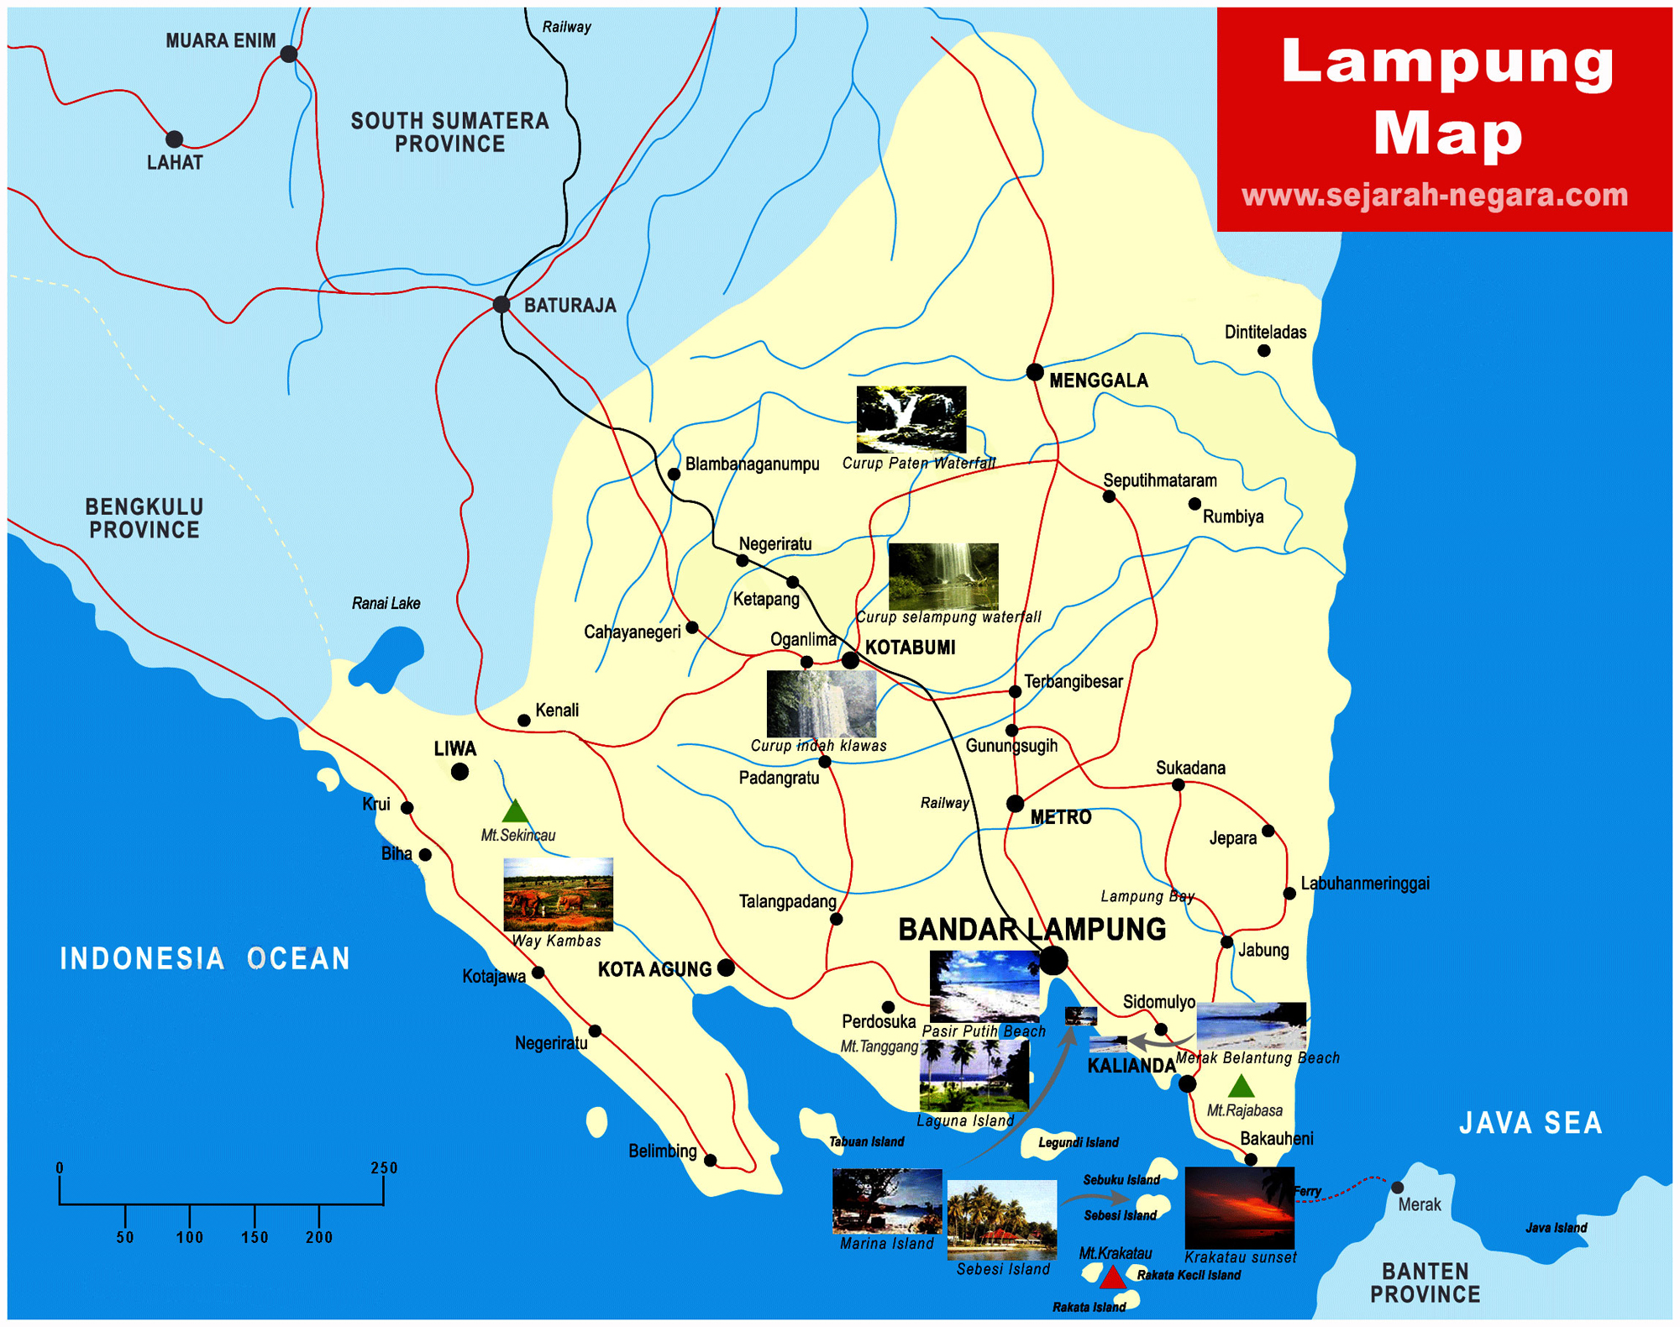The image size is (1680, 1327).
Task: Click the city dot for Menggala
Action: point(1035,372)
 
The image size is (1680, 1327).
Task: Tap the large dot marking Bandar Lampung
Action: point(1053,961)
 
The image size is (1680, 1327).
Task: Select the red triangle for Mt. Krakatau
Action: point(1112,1278)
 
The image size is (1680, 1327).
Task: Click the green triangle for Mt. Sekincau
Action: point(515,812)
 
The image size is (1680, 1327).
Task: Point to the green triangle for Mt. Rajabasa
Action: point(1242,1088)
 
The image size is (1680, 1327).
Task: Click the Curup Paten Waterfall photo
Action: point(911,419)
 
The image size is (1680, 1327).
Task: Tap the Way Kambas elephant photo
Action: point(558,894)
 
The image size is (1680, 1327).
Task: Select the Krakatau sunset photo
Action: point(1239,1208)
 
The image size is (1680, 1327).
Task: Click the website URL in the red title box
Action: point(1435,195)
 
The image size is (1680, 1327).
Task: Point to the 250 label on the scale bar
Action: point(384,1167)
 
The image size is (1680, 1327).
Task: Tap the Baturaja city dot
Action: point(501,304)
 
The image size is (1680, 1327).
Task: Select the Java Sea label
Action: point(1530,1123)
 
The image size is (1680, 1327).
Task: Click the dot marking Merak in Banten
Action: point(1397,1188)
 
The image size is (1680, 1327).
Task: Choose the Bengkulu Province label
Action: point(144,518)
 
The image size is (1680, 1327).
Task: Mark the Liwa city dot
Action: point(459,772)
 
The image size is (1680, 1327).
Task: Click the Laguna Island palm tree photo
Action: point(974,1075)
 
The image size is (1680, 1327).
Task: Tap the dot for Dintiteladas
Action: point(1263,351)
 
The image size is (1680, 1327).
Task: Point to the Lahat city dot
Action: point(174,139)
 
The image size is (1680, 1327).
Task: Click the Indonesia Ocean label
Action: point(205,958)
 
